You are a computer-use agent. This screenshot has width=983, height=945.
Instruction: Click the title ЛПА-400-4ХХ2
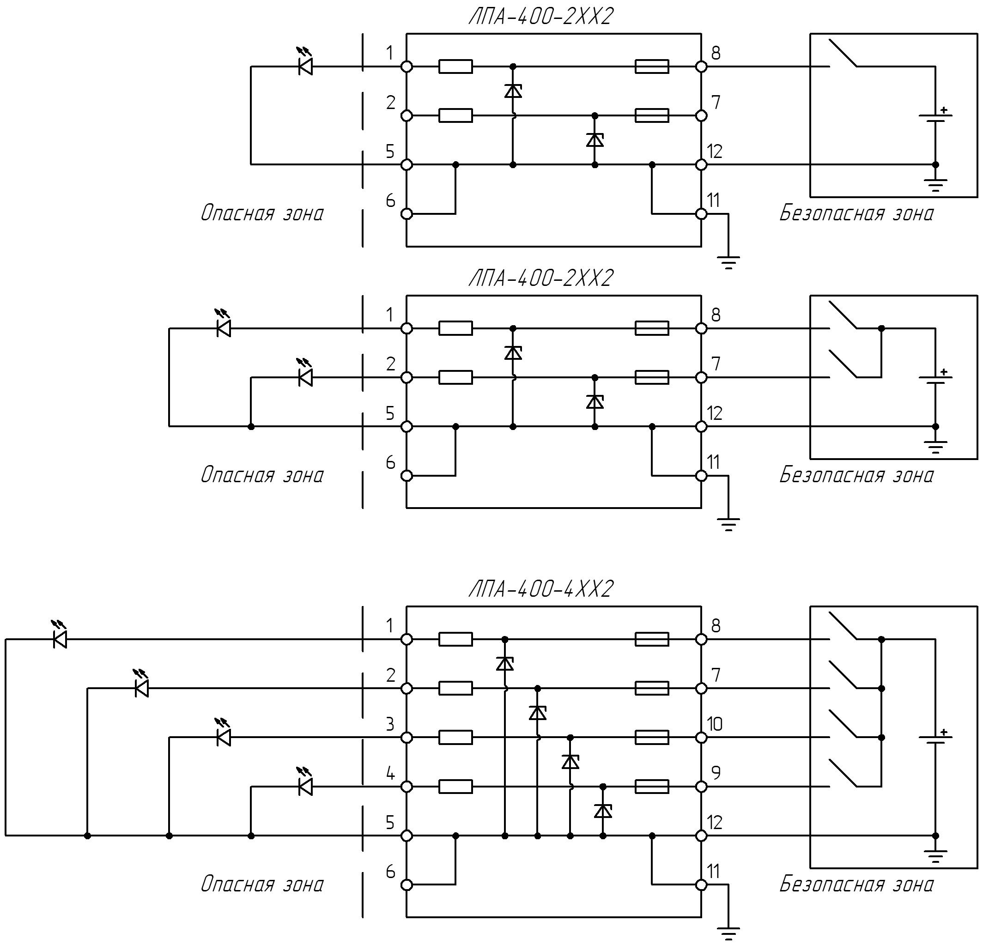540,589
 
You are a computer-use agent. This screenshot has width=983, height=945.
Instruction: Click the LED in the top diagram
305,62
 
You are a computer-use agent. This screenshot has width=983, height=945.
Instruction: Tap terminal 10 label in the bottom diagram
715,724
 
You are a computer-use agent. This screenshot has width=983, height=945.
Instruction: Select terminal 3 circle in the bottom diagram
407,738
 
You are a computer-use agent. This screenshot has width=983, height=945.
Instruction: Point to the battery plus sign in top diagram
944,110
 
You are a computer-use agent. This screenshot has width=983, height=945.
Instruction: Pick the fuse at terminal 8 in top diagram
651,66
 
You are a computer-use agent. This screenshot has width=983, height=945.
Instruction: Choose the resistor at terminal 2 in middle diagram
455,377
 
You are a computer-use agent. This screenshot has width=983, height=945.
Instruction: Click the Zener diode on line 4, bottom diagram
603,811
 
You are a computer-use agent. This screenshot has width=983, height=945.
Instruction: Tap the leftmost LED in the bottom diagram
59,636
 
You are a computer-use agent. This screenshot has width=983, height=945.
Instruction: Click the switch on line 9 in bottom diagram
843,773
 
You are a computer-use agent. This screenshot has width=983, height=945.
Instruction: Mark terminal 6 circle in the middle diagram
407,476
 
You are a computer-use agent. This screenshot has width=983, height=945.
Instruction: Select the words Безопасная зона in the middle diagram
856,474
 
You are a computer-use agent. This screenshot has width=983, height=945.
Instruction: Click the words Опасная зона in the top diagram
262,212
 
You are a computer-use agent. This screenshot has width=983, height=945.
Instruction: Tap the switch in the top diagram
843,52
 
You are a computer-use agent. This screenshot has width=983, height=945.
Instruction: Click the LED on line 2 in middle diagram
305,374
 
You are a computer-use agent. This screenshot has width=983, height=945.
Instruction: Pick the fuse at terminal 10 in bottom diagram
651,738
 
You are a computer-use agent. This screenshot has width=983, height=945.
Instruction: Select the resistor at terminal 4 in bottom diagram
455,787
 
